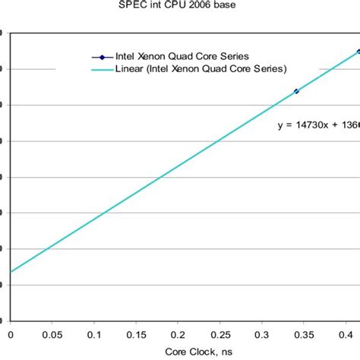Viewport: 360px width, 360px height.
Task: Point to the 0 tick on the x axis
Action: point(10,333)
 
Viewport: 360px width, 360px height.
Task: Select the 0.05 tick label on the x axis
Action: point(52,333)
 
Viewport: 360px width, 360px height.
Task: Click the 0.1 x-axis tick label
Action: point(93,333)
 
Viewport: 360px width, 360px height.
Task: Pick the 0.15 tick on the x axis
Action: point(135,333)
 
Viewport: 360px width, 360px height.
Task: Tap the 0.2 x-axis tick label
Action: point(177,333)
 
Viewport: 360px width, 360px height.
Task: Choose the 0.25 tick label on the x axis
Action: point(219,333)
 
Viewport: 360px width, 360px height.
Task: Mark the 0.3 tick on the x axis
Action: point(261,333)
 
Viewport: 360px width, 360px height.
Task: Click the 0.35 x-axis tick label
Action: point(302,333)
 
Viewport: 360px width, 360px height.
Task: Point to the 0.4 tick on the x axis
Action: point(344,333)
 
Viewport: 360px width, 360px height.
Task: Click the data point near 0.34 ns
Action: point(296,91)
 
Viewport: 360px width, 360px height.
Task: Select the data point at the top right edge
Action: point(358,52)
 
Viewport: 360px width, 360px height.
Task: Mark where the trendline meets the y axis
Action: point(11,271)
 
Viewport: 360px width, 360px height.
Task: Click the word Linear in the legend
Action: point(130,69)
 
